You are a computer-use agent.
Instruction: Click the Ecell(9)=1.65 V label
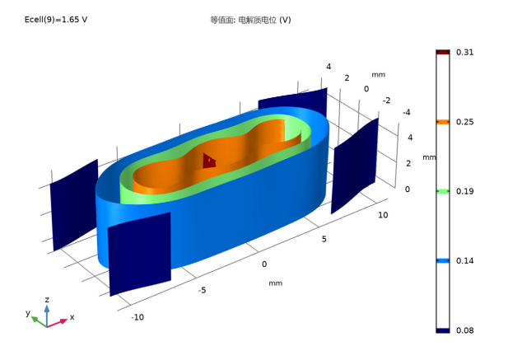pos(56,20)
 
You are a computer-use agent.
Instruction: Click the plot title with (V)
pos(250,20)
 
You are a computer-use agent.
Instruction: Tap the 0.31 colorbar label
pos(464,52)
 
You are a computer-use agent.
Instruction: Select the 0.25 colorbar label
pos(464,122)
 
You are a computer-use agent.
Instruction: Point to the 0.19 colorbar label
pos(464,191)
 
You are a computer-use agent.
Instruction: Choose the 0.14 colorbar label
pos(464,261)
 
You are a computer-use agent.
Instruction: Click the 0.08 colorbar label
pos(464,330)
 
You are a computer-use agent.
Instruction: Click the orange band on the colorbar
pos(443,122)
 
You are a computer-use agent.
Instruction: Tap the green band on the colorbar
pos(443,191)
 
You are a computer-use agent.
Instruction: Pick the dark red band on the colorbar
pos(443,52)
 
